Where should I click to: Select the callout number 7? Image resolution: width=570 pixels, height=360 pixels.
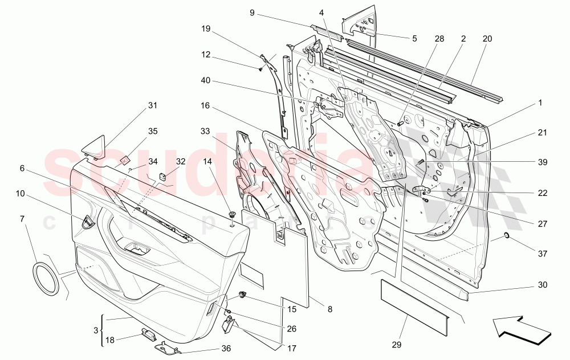pyautogui.click(x=22, y=219)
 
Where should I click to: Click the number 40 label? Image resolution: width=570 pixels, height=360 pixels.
pyautogui.click(x=205, y=81)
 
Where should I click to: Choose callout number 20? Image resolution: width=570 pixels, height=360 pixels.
pyautogui.click(x=487, y=39)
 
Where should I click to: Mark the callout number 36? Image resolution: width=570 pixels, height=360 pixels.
pyautogui.click(x=226, y=349)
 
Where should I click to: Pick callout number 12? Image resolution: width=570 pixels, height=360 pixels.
pyautogui.click(x=205, y=55)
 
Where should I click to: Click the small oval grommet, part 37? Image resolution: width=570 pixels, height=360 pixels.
pyautogui.click(x=507, y=236)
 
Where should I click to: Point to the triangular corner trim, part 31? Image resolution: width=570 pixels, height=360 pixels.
pyautogui.click(x=96, y=144)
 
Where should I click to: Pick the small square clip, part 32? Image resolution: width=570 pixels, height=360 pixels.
pyautogui.click(x=162, y=175)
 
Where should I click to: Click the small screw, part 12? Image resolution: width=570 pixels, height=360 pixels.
pyautogui.click(x=260, y=69)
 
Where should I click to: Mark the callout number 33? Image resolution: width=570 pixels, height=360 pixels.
pyautogui.click(x=205, y=131)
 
